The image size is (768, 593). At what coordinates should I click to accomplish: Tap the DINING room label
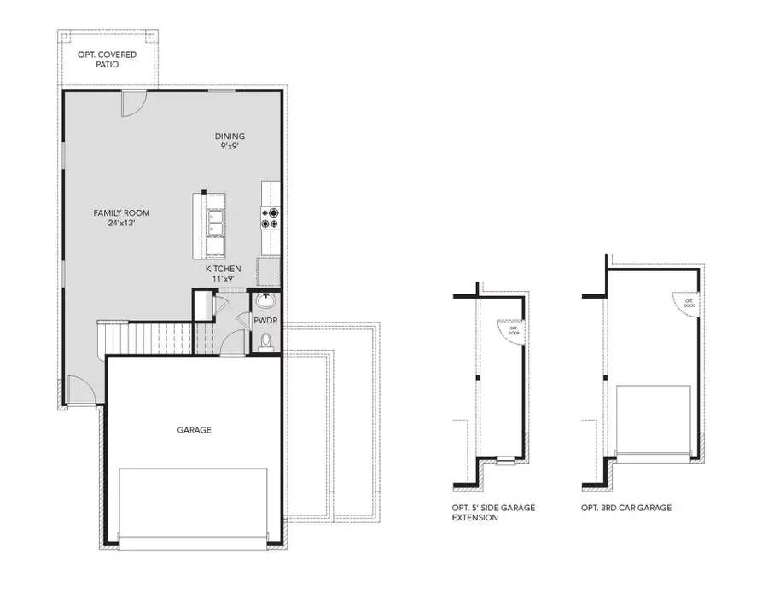(230, 136)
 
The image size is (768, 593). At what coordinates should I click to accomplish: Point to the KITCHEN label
(223, 269)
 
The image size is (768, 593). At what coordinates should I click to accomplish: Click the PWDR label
(263, 321)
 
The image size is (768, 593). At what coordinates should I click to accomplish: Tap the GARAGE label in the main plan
(195, 430)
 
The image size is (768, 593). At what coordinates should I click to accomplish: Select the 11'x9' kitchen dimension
(223, 279)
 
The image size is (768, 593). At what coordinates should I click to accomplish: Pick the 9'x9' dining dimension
(230, 146)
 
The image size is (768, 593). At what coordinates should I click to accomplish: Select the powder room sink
(265, 301)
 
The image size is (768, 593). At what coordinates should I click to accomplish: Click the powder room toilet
(265, 343)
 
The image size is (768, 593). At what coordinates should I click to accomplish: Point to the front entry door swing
(79, 388)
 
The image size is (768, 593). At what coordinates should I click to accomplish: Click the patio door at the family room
(133, 104)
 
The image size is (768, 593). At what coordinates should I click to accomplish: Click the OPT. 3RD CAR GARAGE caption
(622, 508)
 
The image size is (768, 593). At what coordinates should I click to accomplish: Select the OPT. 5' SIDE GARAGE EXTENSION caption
(493, 513)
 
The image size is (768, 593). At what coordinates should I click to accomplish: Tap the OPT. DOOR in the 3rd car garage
(687, 301)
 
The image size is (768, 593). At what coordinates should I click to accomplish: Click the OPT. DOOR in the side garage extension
(512, 331)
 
